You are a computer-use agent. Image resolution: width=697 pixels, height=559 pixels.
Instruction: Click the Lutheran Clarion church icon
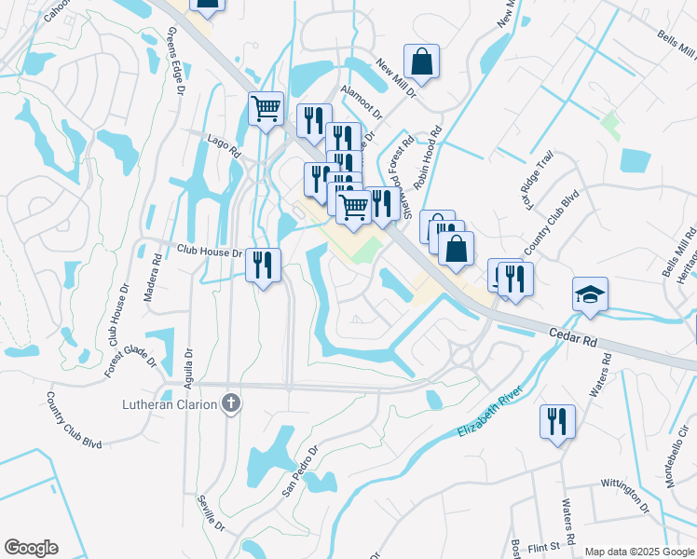tap(232, 403)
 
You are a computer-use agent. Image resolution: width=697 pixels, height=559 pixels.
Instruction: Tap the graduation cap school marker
tap(590, 294)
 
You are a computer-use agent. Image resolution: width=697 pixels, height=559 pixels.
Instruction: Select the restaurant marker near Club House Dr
tap(263, 265)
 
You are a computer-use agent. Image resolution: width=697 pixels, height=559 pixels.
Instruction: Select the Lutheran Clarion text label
tap(170, 404)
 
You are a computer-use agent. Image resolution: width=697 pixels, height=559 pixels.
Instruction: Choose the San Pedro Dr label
tap(301, 469)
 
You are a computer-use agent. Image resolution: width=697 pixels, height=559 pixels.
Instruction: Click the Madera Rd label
tap(148, 278)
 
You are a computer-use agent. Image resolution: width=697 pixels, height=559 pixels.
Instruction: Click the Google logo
tap(31, 548)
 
